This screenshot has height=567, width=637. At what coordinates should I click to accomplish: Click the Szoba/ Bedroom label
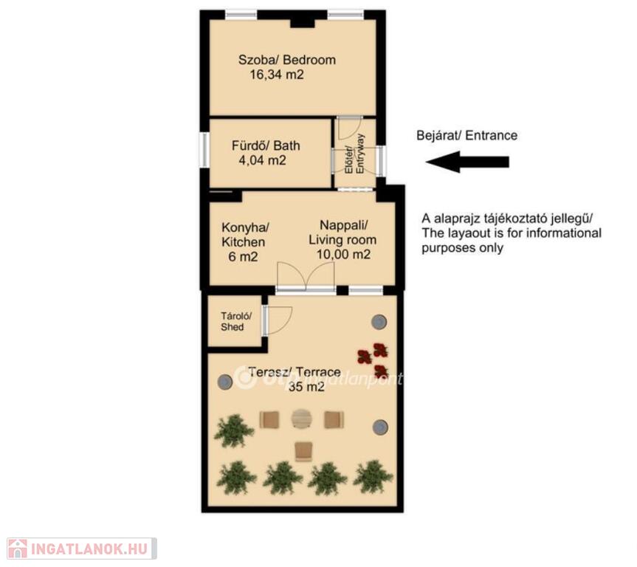[x=287, y=60]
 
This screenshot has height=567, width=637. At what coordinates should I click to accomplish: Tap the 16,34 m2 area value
[x=277, y=75]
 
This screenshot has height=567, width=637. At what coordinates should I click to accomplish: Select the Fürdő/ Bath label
[x=266, y=145]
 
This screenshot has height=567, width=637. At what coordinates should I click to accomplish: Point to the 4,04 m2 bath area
[x=263, y=160]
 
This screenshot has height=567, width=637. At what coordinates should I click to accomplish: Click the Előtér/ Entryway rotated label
[x=354, y=154]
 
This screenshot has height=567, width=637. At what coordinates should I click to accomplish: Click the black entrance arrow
[x=467, y=162]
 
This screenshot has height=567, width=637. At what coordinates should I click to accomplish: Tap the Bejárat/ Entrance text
[x=466, y=135]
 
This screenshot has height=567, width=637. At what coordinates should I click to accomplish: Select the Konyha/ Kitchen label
[x=244, y=235]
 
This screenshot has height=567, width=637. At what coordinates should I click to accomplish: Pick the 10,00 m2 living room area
[x=343, y=255]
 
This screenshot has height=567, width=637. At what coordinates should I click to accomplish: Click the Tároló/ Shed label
[x=235, y=321]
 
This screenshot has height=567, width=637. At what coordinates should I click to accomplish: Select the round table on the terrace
[x=301, y=419]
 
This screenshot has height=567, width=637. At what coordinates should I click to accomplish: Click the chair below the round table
[x=303, y=451]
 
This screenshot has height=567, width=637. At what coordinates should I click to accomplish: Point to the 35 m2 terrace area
[x=307, y=387]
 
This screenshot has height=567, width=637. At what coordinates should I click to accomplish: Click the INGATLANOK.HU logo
[x=82, y=549]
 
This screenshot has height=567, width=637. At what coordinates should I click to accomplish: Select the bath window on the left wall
[x=204, y=151]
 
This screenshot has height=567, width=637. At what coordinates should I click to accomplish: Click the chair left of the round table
[x=269, y=419]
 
